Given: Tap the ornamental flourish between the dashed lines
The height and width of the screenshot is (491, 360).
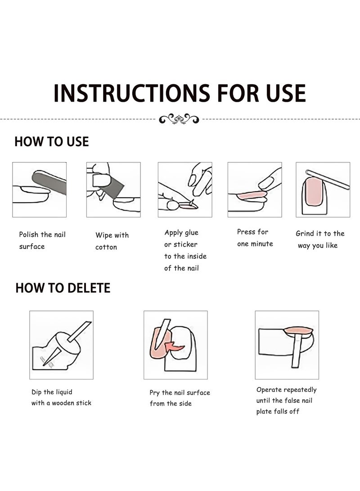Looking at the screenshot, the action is point(179,119).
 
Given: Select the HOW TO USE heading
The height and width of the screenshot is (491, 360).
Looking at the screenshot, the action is point(52,141).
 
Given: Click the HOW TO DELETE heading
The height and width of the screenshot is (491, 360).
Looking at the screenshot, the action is point(63,288).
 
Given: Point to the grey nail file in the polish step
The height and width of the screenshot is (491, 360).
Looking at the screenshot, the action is point(49,183).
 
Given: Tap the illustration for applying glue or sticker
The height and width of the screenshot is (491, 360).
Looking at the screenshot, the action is point(185,189).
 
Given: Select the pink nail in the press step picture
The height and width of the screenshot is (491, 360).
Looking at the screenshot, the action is point(252,196).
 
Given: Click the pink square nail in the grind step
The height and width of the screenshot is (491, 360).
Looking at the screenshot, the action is point(314,191).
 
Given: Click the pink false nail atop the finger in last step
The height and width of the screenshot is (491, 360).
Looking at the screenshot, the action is point(298,331).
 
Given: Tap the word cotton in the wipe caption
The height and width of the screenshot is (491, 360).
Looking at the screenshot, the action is point(106,247).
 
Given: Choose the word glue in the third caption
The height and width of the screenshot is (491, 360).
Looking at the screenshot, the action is point(191,233).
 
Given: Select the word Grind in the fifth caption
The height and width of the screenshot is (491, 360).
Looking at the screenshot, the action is point(305,233).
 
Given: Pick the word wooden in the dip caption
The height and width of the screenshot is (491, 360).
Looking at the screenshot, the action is point(64,403).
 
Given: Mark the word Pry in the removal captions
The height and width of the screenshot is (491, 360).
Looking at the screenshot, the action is point(155,393).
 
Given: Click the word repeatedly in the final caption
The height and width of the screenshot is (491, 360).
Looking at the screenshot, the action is point(300,390).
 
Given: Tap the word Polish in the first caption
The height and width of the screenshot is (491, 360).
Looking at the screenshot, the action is point(29,234).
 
